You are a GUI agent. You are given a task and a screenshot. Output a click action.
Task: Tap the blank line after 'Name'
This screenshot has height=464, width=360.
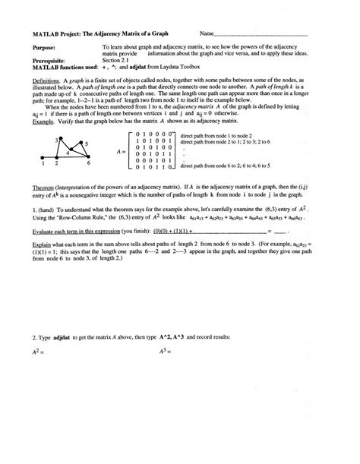tap(262, 35)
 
